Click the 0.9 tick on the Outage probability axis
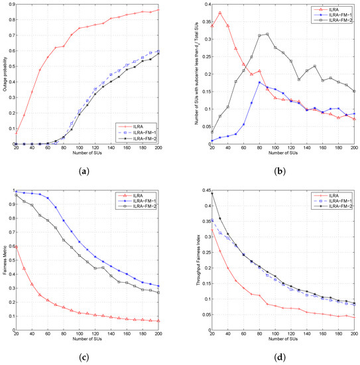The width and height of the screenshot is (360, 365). (14, 5)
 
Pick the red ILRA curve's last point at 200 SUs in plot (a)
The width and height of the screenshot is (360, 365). (158, 9)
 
